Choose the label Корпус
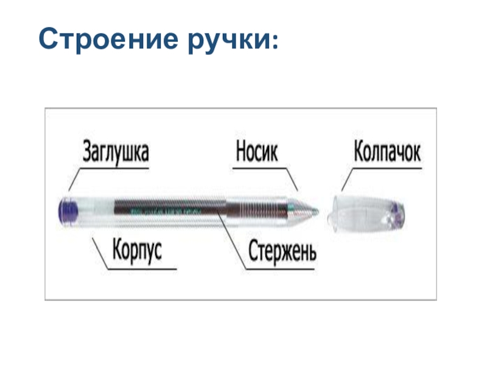[137, 251]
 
